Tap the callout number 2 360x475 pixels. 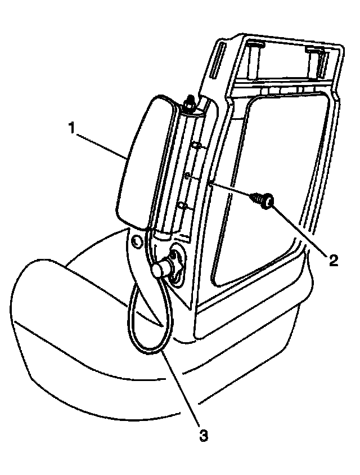[x=333, y=259]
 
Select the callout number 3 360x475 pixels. [x=204, y=434]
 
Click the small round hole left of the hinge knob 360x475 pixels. [x=136, y=242]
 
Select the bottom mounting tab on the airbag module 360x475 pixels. [x=183, y=205]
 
